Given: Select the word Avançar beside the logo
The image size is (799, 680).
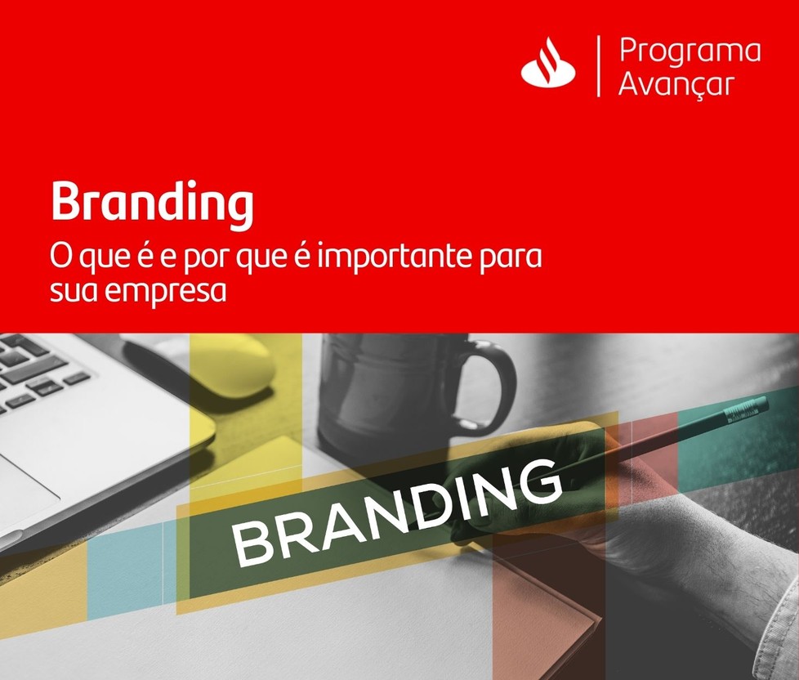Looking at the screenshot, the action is click(676, 83).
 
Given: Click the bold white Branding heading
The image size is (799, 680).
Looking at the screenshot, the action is click(152, 203).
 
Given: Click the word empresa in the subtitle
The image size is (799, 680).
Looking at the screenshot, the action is click(167, 292).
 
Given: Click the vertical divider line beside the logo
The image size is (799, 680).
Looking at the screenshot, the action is click(598, 65).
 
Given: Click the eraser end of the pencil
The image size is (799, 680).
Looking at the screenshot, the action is click(750, 408).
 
